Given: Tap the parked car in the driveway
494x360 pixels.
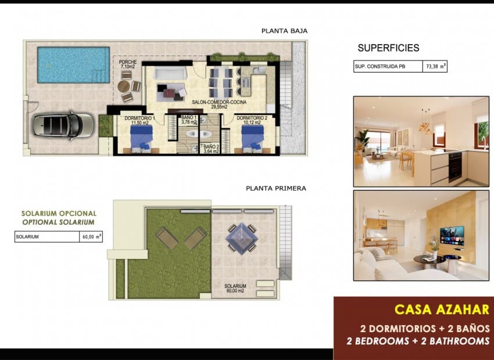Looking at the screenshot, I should pos(63,124).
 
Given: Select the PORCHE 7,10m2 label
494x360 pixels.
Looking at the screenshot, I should pos(127,64).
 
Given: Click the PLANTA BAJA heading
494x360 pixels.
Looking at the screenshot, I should pos(284,31).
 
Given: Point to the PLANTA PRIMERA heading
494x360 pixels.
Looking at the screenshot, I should pos(275,188).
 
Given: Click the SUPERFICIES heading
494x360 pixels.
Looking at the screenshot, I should pos(388,48).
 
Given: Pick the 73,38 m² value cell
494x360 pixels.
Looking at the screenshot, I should pos(435,67).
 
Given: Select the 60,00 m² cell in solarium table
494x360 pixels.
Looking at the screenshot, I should pos(91,236).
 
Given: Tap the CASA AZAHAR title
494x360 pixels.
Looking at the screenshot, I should pos(441,309).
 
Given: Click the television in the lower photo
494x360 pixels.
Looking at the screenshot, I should pos(452,235).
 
